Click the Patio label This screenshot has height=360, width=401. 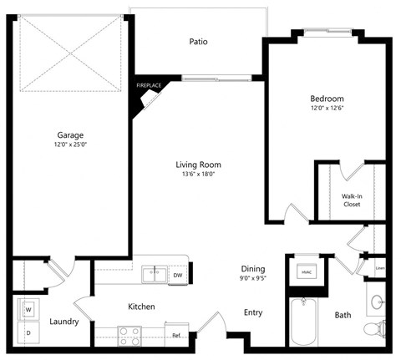tap(198, 41)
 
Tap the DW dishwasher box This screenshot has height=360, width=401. tap(177, 275)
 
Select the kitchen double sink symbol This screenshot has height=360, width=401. tap(152, 273)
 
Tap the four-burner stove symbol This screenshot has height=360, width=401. tap(129, 335)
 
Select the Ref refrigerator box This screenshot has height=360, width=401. tap(176, 336)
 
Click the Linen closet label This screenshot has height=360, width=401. tap(380, 268)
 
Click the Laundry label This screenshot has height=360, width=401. tap(64, 321)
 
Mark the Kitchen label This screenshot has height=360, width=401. tap(141, 307)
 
